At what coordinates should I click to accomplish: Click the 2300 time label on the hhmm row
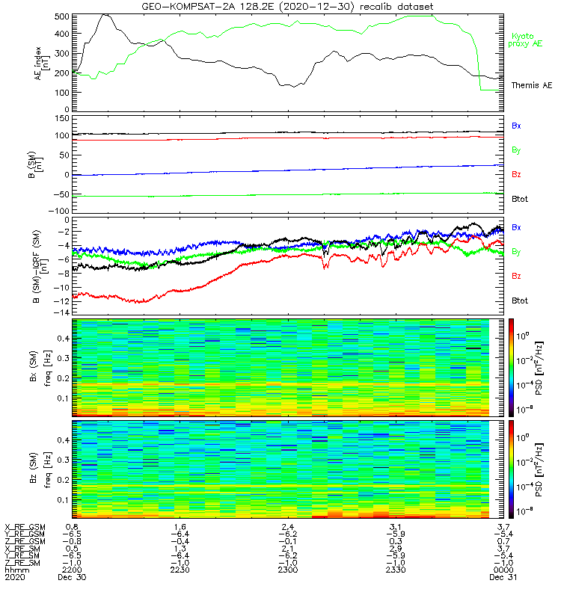(288, 570)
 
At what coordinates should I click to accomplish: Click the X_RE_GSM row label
(24, 528)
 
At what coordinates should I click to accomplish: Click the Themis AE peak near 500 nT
(105, 14)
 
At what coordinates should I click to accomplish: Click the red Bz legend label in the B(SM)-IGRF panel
(516, 277)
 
